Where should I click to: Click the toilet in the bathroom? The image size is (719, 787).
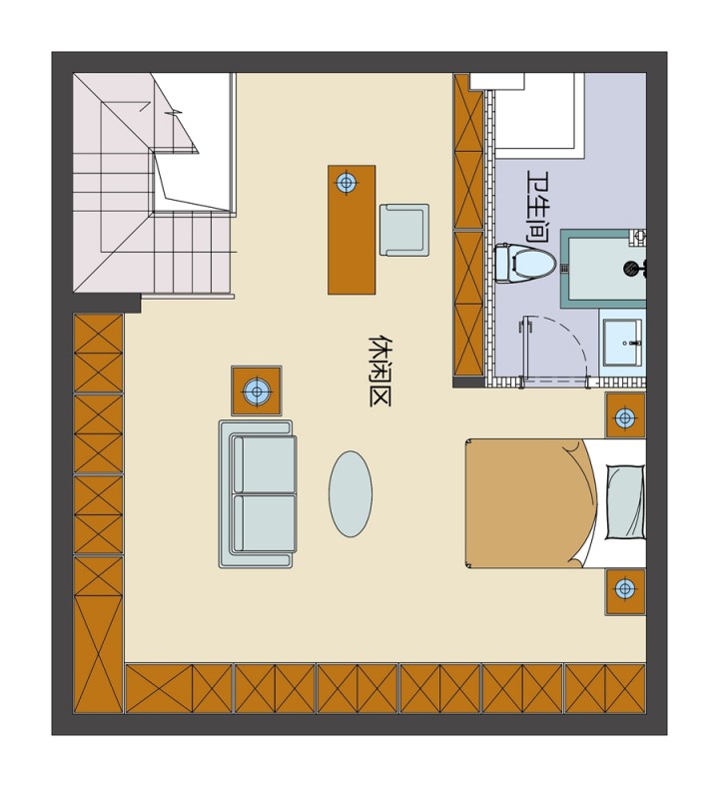524,263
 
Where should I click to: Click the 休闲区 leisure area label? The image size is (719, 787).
379,371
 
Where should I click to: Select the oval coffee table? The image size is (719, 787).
351,494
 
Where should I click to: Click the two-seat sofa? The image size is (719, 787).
258,494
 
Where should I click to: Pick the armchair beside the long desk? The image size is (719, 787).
403,230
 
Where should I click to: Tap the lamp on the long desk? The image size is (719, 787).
346,182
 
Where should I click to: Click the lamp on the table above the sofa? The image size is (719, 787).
257,391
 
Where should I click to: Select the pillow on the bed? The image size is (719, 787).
625,501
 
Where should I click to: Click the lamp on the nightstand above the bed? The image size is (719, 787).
625,416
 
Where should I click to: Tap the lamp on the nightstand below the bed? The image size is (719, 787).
625,587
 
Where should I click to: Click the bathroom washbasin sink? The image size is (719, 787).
622,343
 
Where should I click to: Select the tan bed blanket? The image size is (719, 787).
532,503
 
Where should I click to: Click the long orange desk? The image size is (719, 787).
352,230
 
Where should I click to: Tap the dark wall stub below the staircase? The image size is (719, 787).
107,304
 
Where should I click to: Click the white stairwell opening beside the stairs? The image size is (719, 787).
193,143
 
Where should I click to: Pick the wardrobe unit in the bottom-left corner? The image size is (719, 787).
98,634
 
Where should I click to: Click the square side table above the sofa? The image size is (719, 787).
257,391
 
